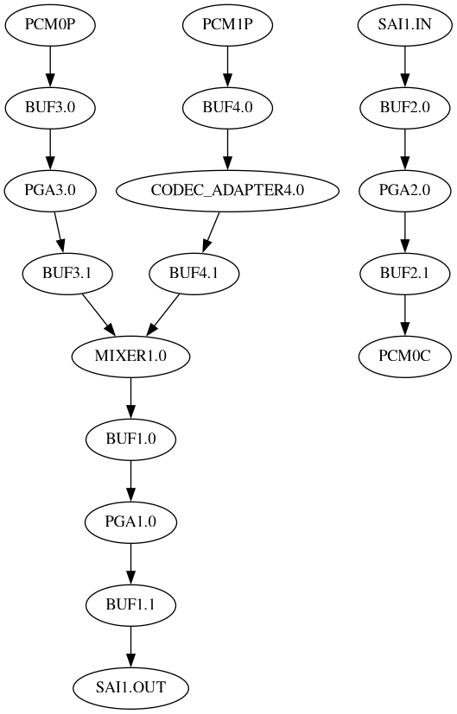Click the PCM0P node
(49, 25)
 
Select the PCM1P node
(227, 25)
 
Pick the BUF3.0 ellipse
(49, 108)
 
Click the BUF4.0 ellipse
(227, 108)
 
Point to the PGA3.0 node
(49, 191)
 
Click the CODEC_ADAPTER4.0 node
(227, 191)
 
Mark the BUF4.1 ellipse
(194, 274)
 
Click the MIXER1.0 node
(130, 357)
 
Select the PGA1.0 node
(130, 522)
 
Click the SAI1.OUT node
(130, 688)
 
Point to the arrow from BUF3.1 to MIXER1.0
(98, 314)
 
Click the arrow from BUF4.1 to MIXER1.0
(163, 314)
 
